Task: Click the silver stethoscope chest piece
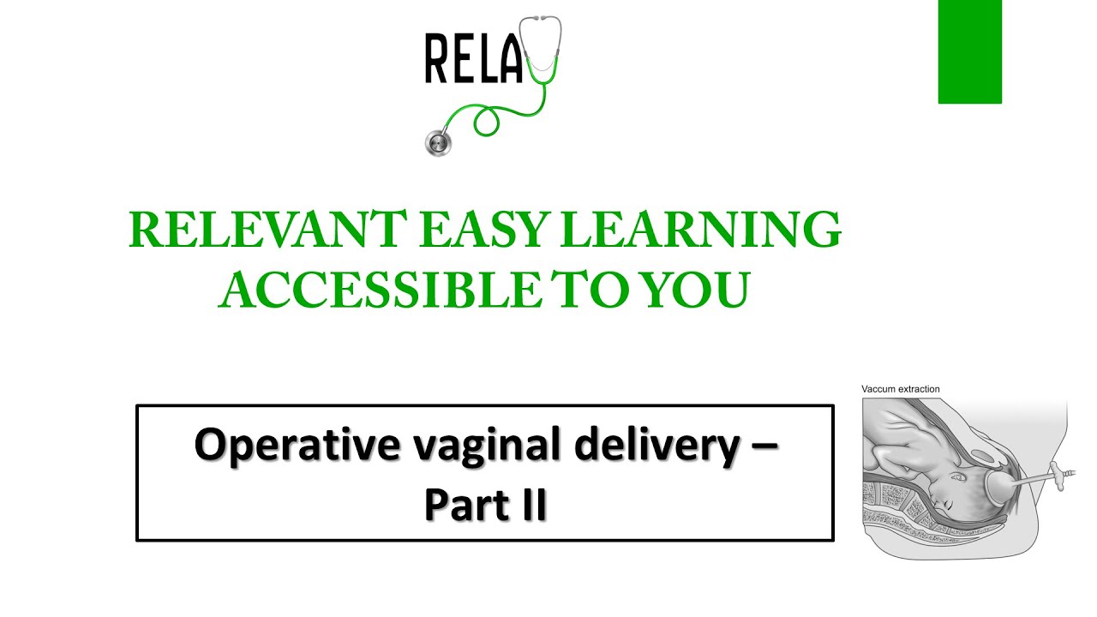438,142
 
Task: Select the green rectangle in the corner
969,51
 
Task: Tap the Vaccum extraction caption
900,389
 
